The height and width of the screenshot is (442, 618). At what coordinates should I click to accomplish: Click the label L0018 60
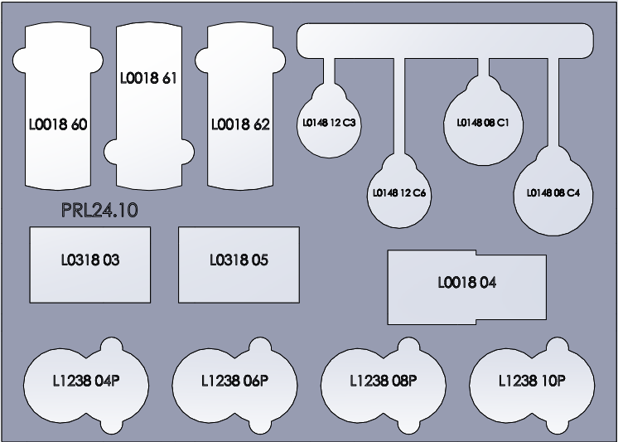pos(57,125)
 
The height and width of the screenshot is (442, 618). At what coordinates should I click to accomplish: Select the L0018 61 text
pos(148,80)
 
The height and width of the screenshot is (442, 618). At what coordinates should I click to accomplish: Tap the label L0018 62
pos(240,125)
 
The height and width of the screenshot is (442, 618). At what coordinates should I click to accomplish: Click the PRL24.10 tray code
pos(99,211)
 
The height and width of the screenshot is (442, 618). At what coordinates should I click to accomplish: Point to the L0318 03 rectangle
pos(89,265)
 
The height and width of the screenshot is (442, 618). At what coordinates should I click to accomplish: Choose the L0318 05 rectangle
pos(239,265)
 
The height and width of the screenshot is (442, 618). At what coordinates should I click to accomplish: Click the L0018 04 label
pos(467,283)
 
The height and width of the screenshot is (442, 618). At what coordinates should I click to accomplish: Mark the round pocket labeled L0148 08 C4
pos(553,193)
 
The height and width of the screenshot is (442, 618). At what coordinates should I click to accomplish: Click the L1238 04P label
pos(87,381)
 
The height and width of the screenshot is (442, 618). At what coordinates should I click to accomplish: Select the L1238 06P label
pos(235,381)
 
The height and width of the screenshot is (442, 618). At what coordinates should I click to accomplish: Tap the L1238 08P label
pos(383,381)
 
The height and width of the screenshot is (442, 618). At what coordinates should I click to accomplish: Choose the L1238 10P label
pos(531,381)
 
